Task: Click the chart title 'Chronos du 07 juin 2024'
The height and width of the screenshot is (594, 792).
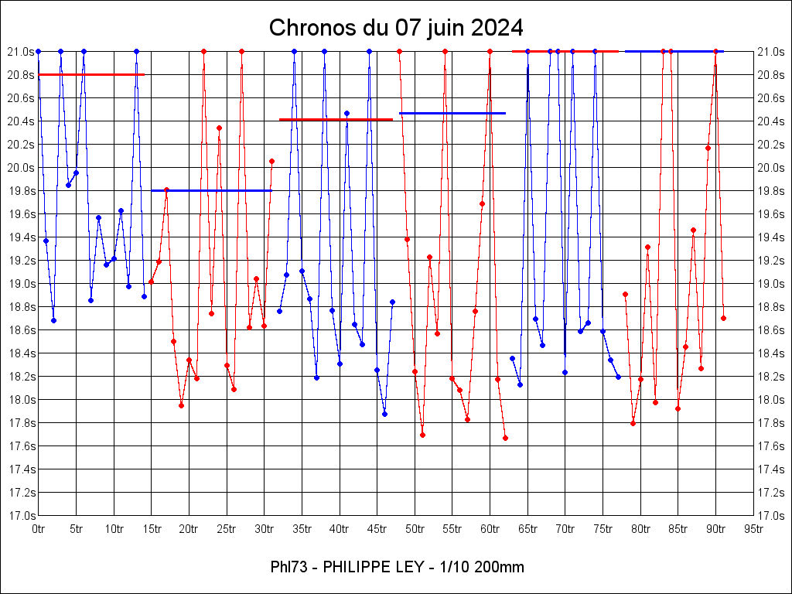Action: [x=396, y=29]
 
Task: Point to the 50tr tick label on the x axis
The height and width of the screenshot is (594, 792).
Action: [x=415, y=529]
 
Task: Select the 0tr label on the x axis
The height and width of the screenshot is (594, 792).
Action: [x=39, y=529]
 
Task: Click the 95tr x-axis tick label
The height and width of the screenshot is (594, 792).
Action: [x=754, y=529]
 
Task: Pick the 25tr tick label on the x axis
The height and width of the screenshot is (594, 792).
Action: [x=227, y=529]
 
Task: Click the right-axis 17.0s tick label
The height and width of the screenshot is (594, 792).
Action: [x=770, y=516]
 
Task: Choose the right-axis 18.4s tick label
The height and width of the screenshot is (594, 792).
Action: [x=770, y=353]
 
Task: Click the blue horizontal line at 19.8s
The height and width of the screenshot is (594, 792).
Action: [x=211, y=190]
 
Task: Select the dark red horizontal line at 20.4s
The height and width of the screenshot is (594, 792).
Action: [x=336, y=120]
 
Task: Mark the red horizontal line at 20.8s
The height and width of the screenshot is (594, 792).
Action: [x=91, y=74]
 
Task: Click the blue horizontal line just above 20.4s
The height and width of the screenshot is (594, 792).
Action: [x=452, y=113]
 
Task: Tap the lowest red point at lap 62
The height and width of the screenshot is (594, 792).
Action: [x=505, y=438]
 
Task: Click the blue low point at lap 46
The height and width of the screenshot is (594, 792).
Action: [x=384, y=414]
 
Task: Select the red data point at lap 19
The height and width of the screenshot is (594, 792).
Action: [x=181, y=405]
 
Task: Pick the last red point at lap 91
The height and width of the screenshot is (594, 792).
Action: [x=723, y=318]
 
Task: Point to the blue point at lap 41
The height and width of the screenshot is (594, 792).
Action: [x=346, y=113]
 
